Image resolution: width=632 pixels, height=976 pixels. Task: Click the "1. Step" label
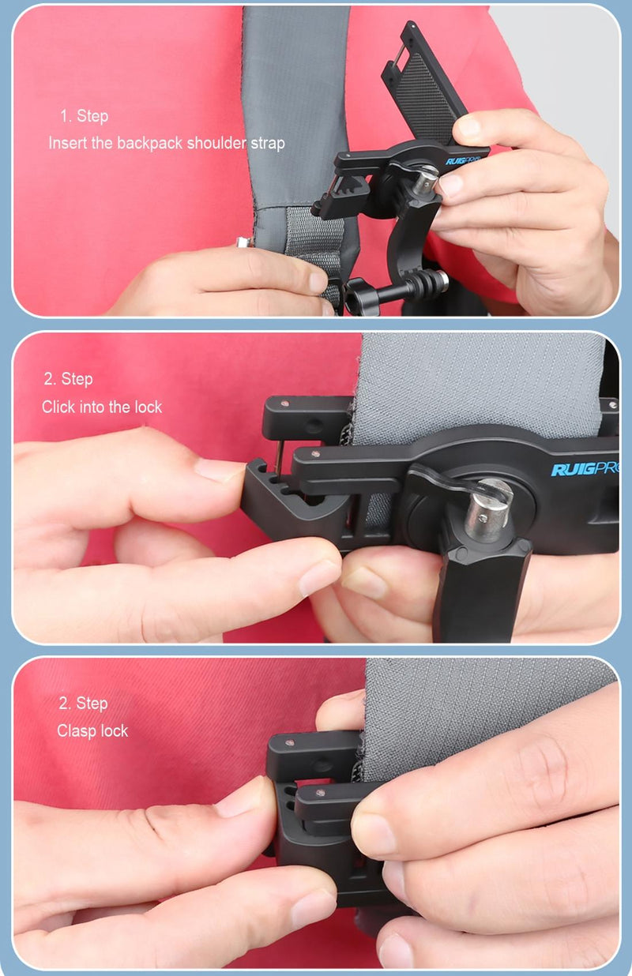coord(85,117)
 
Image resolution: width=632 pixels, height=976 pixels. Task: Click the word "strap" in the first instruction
coord(269,144)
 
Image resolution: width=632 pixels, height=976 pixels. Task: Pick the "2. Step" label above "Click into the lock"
coord(67,380)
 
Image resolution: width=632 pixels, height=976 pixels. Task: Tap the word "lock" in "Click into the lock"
coord(147,407)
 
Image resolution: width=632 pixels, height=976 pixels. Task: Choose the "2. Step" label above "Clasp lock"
coord(82,704)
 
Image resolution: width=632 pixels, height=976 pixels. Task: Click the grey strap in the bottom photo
coord(474,711)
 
